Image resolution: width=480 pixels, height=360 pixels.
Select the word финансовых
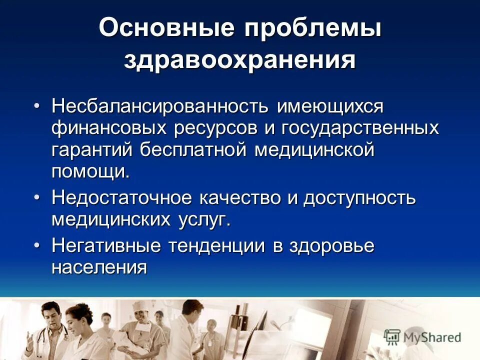pos(109,128)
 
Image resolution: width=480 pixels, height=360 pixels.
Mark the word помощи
pos(90,172)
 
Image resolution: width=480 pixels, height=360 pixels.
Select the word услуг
pos(202,219)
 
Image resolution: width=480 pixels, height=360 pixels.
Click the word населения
pos(99,267)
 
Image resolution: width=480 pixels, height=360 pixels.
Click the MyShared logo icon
pos(392,337)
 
